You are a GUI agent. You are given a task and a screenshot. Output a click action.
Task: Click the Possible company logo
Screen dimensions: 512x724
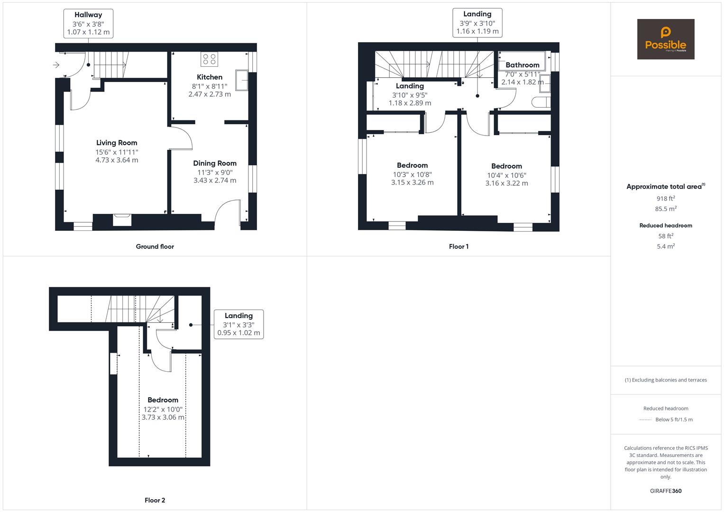click(x=665, y=39)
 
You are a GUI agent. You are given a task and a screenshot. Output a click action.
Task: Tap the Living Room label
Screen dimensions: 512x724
click(x=117, y=143)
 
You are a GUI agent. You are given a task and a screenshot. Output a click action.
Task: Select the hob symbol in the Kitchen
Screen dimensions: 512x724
click(x=209, y=59)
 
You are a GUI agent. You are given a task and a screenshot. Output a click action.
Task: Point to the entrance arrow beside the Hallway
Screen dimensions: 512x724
click(x=56, y=65)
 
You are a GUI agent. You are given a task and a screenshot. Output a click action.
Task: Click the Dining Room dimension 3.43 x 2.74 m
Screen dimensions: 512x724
click(x=214, y=181)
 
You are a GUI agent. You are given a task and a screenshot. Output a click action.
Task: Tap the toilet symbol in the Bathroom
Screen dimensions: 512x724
click(x=541, y=102)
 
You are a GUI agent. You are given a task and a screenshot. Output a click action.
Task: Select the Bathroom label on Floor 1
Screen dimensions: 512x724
click(x=522, y=65)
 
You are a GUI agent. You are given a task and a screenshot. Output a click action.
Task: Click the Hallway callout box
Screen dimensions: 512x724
click(x=88, y=24)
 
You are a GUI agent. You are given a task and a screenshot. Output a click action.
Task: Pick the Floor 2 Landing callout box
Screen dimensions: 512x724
click(x=238, y=324)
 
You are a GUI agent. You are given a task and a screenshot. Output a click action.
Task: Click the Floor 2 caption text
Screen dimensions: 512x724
click(x=155, y=500)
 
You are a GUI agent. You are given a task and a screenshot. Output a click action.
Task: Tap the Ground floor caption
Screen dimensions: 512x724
click(x=155, y=247)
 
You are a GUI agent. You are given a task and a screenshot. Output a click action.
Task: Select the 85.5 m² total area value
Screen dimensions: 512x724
click(x=666, y=209)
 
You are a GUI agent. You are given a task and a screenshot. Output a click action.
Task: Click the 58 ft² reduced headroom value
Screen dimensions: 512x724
click(x=666, y=236)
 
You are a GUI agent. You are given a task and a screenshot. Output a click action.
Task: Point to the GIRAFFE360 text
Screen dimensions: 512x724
click(x=666, y=491)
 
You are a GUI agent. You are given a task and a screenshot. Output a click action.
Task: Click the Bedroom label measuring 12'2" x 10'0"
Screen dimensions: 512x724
click(x=163, y=400)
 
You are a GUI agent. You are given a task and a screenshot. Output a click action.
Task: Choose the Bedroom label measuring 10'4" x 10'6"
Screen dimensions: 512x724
click(x=506, y=166)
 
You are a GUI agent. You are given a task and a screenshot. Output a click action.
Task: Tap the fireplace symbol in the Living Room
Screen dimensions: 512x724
click(x=122, y=219)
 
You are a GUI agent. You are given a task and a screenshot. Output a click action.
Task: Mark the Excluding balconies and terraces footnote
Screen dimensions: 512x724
click(x=666, y=380)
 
